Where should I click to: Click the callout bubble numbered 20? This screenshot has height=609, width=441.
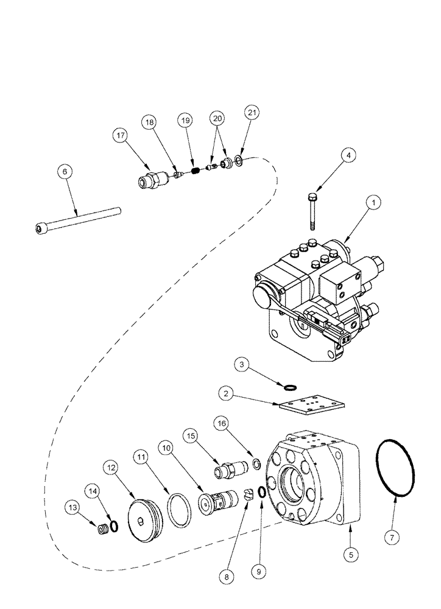[x=217, y=118]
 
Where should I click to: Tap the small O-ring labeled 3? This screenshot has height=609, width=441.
[x=291, y=386]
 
